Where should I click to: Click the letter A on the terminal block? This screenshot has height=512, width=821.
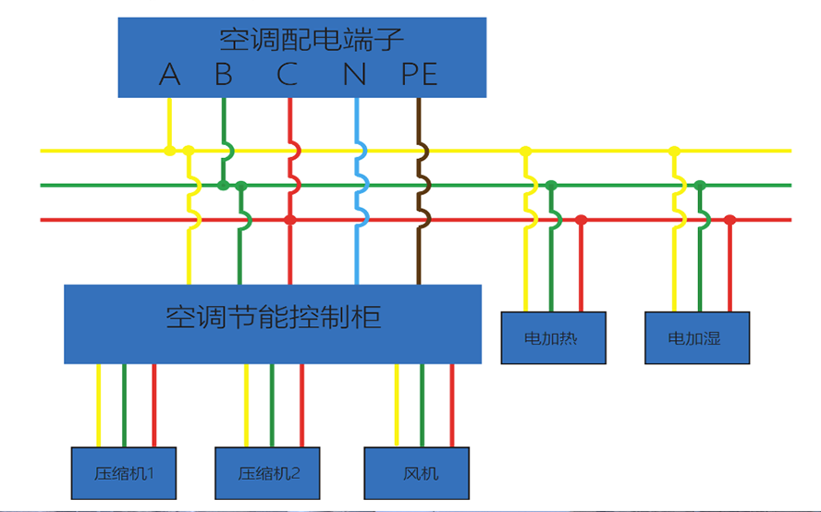pyautogui.click(x=169, y=74)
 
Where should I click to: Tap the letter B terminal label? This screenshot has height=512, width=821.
pyautogui.click(x=223, y=74)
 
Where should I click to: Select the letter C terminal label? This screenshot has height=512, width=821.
pyautogui.click(x=288, y=74)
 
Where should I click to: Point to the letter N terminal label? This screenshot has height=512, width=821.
pyautogui.click(x=355, y=74)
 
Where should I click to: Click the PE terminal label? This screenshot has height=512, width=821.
pyautogui.click(x=420, y=74)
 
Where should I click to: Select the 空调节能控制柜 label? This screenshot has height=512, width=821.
pyautogui.click(x=273, y=318)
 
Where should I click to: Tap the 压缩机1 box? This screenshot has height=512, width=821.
pyautogui.click(x=123, y=473)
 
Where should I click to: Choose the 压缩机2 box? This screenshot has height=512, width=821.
pyautogui.click(x=270, y=473)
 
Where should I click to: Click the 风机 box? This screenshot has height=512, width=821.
pyautogui.click(x=421, y=473)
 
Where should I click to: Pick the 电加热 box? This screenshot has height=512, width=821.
pyautogui.click(x=552, y=338)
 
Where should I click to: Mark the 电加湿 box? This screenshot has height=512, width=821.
pyautogui.click(x=696, y=338)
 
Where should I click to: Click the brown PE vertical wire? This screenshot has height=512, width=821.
pyautogui.click(x=420, y=259)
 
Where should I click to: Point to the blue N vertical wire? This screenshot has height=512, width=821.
pyautogui.click(x=357, y=259)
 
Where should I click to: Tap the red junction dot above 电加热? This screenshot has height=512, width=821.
pyautogui.click(x=581, y=220)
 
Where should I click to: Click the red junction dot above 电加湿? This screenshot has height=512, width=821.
pyautogui.click(x=729, y=220)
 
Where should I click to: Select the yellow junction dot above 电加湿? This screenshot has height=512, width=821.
pyautogui.click(x=674, y=151)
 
